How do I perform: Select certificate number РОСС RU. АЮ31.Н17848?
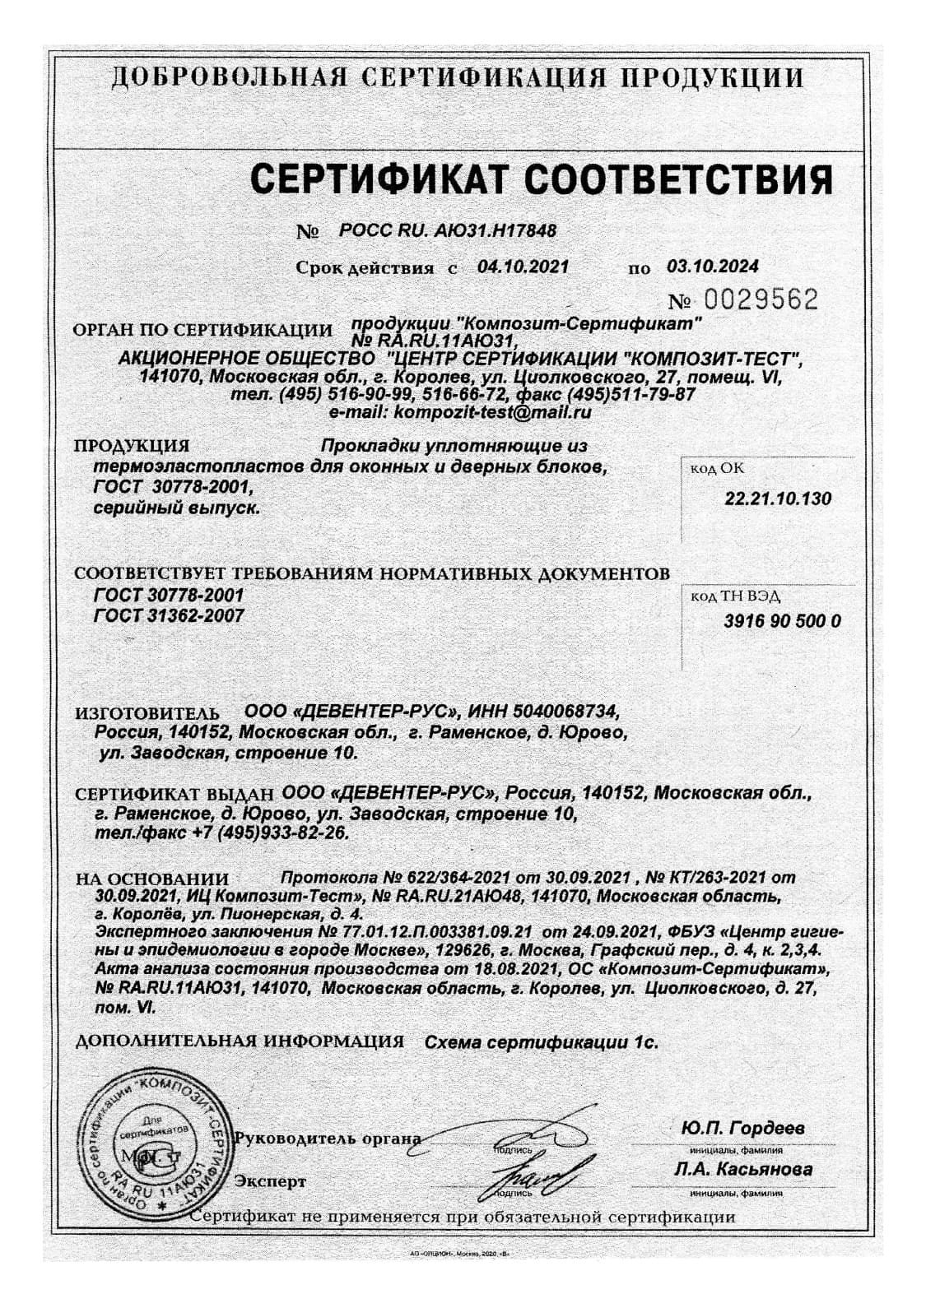click(x=448, y=231)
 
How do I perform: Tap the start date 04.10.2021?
click(x=523, y=267)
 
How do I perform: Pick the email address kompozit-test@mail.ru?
click(x=492, y=412)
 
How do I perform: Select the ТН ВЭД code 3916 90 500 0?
click(x=782, y=622)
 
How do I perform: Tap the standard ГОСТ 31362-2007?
click(x=170, y=615)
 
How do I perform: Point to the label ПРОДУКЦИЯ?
click(x=132, y=447)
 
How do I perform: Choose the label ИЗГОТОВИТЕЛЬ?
click(x=148, y=712)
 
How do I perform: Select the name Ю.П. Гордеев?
click(x=742, y=1128)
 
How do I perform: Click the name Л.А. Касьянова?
click(x=742, y=1169)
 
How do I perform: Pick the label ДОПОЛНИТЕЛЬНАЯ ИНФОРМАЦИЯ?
click(x=240, y=1041)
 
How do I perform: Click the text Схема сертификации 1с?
click(x=541, y=1042)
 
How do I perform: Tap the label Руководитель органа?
click(x=328, y=1139)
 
